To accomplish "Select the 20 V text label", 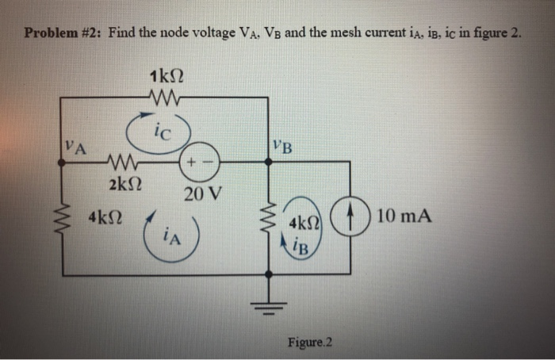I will tap(203, 193).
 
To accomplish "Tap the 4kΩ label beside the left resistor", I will tap(106, 216).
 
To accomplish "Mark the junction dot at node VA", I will tap(63, 163).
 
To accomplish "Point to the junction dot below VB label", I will tap(267, 163).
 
